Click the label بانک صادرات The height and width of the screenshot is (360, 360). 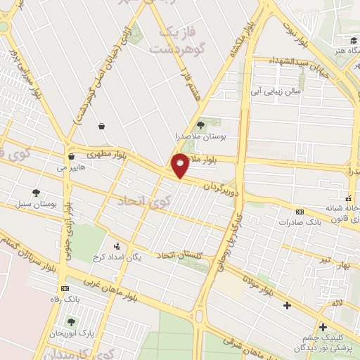tap(304, 222)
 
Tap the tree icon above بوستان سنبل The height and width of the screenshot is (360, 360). tap(35, 192)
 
